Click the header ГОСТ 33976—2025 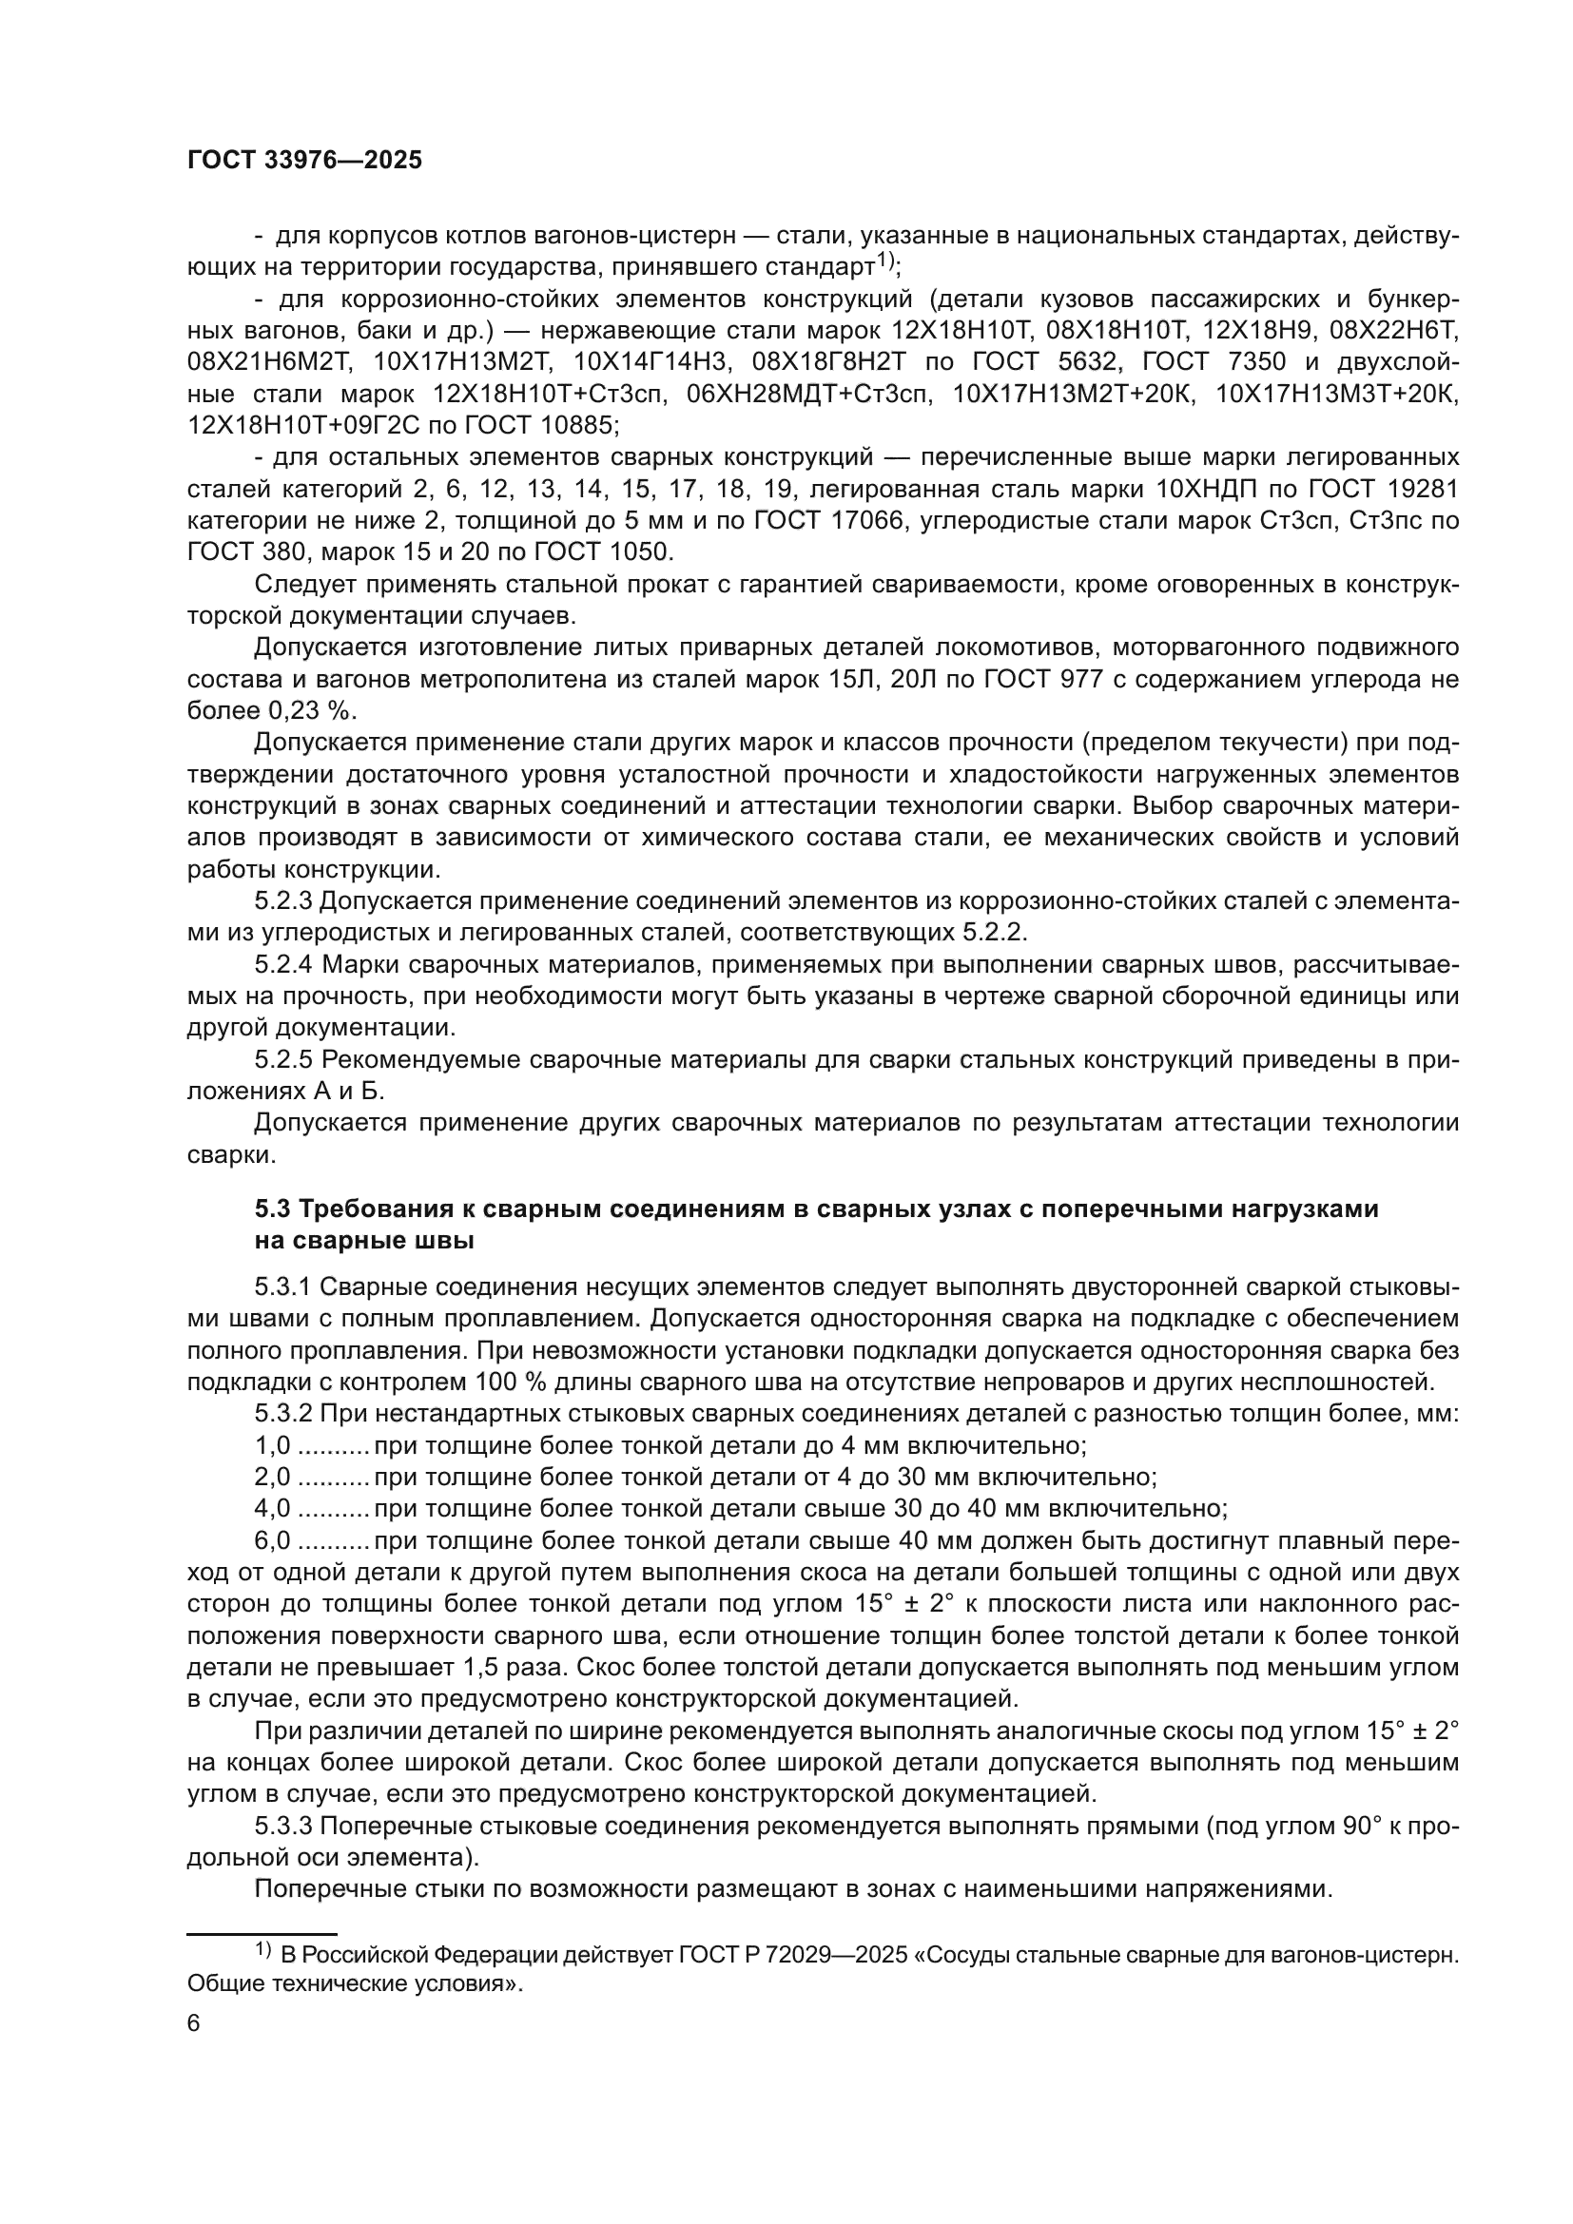coord(305,161)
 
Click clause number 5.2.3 coord(283,900)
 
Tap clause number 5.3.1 coord(283,1287)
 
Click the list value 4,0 coord(272,1508)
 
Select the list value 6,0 coord(272,1540)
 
